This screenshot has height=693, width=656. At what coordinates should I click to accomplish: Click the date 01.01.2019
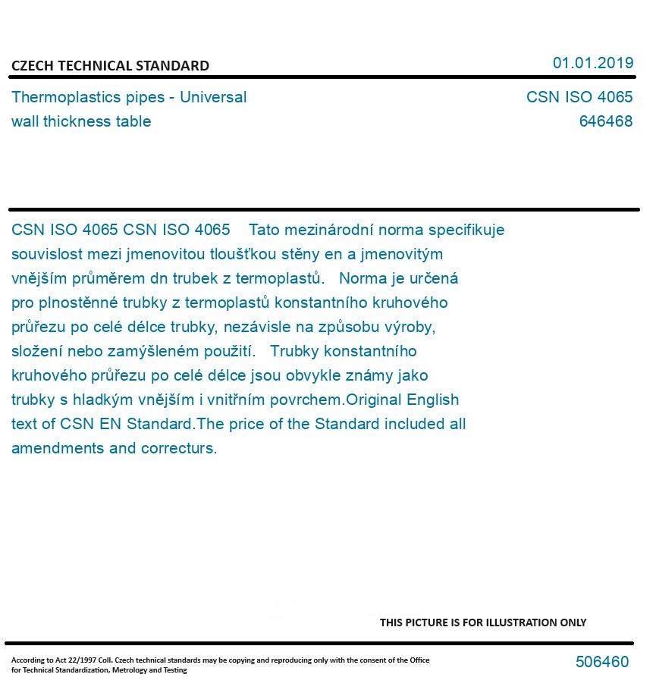tap(592, 63)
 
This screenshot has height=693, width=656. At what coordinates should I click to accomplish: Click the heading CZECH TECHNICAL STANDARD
tap(110, 66)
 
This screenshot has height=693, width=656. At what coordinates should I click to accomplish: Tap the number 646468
tap(605, 122)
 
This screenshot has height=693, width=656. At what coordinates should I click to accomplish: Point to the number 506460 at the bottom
tap(602, 662)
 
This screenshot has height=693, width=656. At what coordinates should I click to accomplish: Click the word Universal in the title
tap(213, 98)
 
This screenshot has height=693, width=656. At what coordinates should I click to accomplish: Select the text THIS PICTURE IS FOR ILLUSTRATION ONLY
tap(482, 622)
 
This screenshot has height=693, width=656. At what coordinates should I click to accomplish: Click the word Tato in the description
tap(265, 230)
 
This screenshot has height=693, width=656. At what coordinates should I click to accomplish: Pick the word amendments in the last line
tap(58, 448)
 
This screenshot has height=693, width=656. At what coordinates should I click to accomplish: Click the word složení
tap(37, 351)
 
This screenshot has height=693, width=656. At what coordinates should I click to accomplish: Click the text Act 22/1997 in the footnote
tap(71, 660)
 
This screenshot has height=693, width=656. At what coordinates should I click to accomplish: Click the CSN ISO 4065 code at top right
tap(579, 98)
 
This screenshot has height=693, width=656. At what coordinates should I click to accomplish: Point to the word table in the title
tap(133, 122)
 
